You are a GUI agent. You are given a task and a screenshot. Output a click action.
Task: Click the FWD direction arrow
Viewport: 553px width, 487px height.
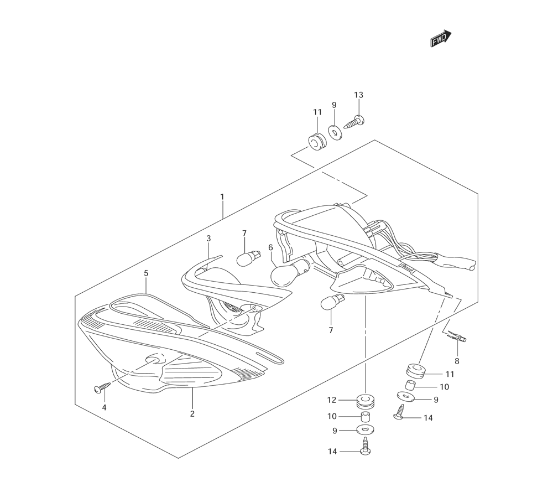(x=441, y=39)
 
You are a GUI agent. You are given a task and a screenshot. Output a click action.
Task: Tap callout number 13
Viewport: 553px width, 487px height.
(x=358, y=95)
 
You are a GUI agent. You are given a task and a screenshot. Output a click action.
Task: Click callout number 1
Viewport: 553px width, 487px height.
(x=222, y=196)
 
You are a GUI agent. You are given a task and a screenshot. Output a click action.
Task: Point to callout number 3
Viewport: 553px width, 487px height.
(x=208, y=239)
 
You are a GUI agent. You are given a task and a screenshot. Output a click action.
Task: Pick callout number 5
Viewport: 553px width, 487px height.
(x=146, y=273)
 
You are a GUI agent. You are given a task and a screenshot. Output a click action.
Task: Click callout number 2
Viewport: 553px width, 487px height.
(x=192, y=413)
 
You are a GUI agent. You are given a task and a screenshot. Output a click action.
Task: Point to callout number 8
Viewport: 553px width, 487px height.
(x=457, y=361)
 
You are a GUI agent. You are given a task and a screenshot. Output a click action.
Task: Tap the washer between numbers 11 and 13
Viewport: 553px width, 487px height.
(x=334, y=131)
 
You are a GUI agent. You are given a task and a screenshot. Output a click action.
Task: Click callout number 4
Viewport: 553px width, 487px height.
(x=103, y=408)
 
